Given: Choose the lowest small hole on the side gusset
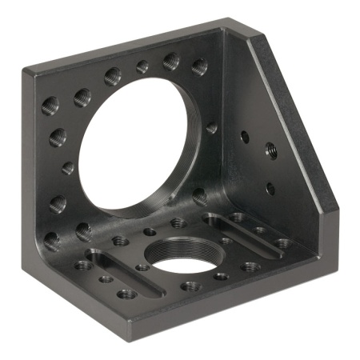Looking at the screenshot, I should tap(270, 189).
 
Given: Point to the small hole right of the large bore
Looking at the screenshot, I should tap(211, 127).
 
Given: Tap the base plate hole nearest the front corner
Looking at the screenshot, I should tap(126, 294).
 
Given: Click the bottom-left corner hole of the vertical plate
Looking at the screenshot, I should tap(53, 238).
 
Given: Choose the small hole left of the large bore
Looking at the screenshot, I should tap(68, 169).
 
